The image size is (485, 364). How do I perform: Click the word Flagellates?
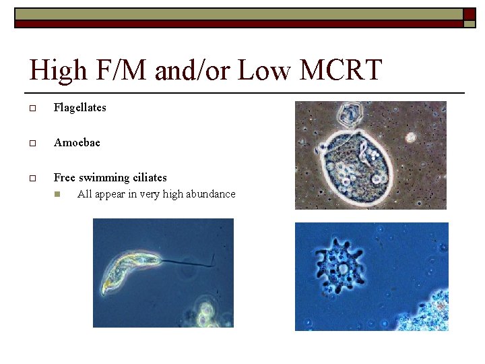[x=79, y=107]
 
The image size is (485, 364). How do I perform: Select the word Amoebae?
[x=77, y=142]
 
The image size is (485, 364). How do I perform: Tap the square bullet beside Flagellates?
[x=32, y=108]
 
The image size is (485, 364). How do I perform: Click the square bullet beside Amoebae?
[x=32, y=143]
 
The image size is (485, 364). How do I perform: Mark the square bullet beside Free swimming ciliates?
[x=32, y=178]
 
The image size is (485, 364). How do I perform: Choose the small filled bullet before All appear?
[x=58, y=195]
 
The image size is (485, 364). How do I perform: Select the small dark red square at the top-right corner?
[x=469, y=14]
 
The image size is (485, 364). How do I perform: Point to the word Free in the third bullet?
[x=65, y=177]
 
